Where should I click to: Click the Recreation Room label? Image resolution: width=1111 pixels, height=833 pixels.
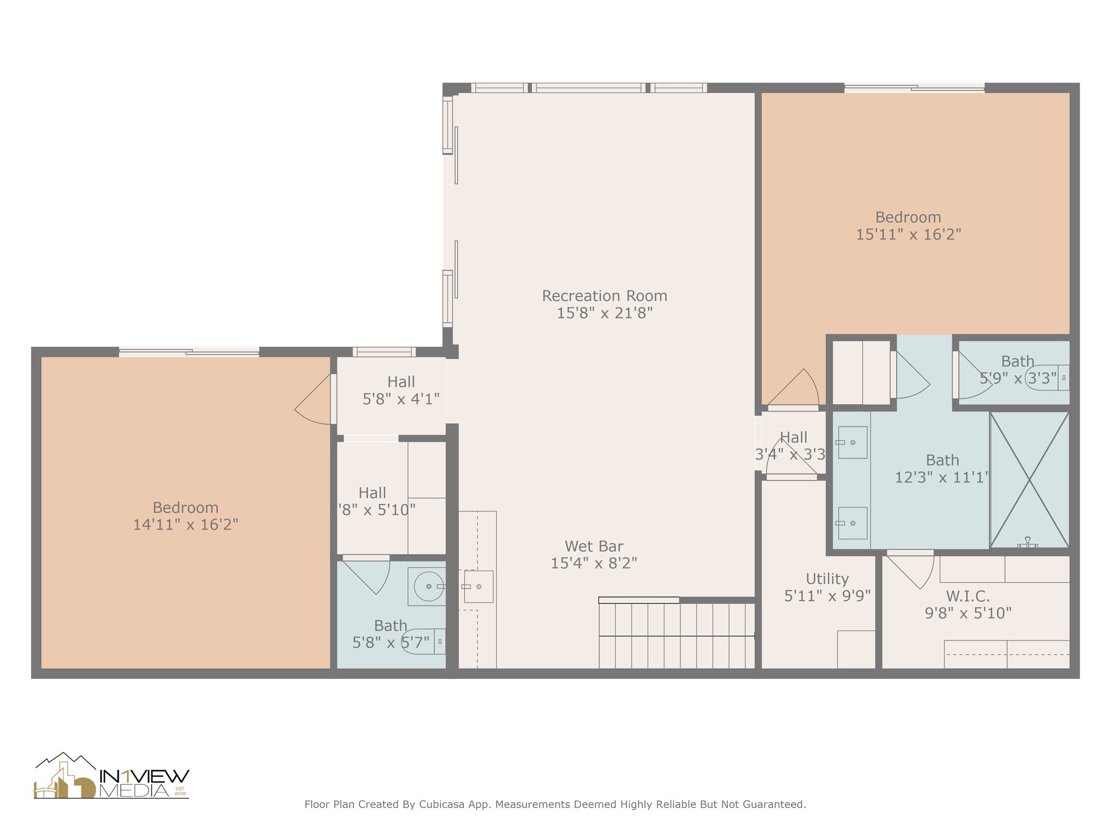click(604, 296)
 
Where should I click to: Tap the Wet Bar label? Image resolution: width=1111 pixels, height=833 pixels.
click(594, 546)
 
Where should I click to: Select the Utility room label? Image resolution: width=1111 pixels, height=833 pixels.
click(827, 579)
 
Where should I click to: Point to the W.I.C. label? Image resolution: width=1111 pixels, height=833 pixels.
click(968, 597)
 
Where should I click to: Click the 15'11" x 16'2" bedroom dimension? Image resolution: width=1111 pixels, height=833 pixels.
click(909, 235)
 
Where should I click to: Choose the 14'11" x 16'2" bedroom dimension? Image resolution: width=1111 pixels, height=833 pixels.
click(186, 525)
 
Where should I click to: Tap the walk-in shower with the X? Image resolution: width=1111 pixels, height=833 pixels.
click(1029, 480)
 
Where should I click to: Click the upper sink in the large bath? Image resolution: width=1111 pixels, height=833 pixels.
click(852, 443)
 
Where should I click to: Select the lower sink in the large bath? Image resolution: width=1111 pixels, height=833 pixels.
click(852, 523)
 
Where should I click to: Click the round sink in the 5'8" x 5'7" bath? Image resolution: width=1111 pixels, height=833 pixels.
click(429, 586)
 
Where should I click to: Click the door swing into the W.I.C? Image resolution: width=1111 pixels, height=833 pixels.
click(910, 571)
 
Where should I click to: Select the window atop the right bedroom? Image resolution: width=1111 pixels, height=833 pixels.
click(914, 88)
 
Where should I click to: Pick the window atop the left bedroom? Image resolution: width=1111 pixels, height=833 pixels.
click(189, 352)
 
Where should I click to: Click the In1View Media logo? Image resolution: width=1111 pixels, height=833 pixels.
click(112, 776)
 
